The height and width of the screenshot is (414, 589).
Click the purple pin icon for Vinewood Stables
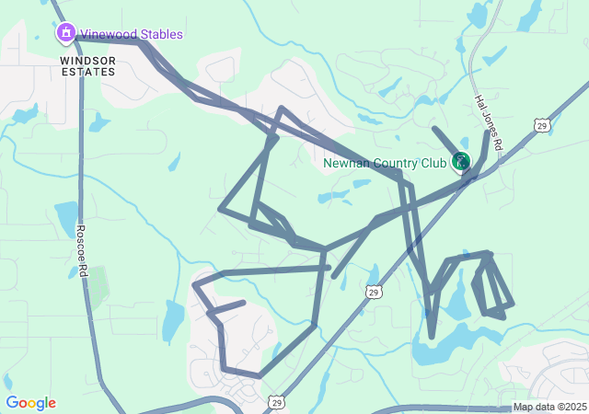[66, 34]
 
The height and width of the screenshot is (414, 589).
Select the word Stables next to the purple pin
[160, 34]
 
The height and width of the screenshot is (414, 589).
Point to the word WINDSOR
[88, 59]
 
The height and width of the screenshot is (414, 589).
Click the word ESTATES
[88, 71]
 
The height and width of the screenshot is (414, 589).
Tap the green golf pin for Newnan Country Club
[460, 162]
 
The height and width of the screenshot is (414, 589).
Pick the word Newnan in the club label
[345, 164]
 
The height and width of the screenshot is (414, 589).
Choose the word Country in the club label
[394, 164]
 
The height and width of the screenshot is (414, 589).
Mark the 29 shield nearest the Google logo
[276, 402]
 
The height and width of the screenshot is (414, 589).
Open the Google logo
[30, 403]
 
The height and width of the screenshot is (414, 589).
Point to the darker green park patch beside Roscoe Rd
[97, 285]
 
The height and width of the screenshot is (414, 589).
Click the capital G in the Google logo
[12, 403]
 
